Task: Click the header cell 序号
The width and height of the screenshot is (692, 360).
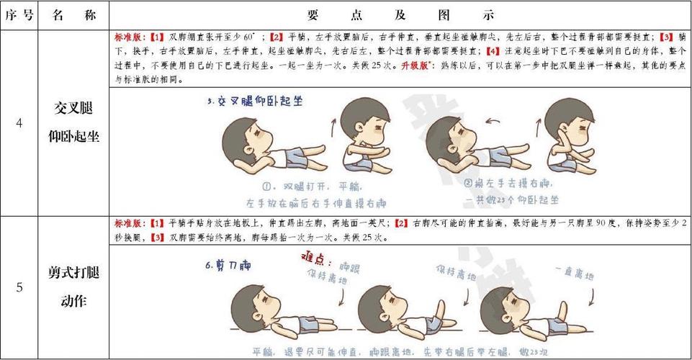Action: (x=19, y=15)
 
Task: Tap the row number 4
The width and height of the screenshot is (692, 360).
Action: (x=19, y=123)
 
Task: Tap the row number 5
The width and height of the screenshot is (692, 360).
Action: (x=19, y=287)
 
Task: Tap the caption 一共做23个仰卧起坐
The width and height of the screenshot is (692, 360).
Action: (x=512, y=199)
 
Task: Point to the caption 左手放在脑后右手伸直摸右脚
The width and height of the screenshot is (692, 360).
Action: (x=316, y=202)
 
